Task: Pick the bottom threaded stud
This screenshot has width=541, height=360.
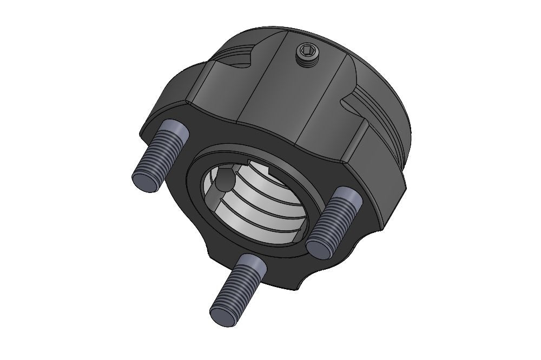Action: pyautogui.click(x=236, y=287)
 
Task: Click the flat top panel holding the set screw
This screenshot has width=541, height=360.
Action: pyautogui.click(x=303, y=92)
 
